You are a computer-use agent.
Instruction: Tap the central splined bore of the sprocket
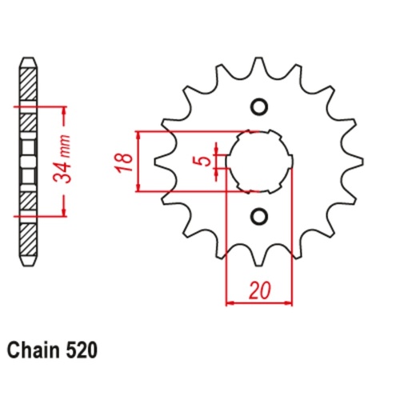[258, 161]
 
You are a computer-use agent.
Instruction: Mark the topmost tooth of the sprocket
[258, 66]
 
